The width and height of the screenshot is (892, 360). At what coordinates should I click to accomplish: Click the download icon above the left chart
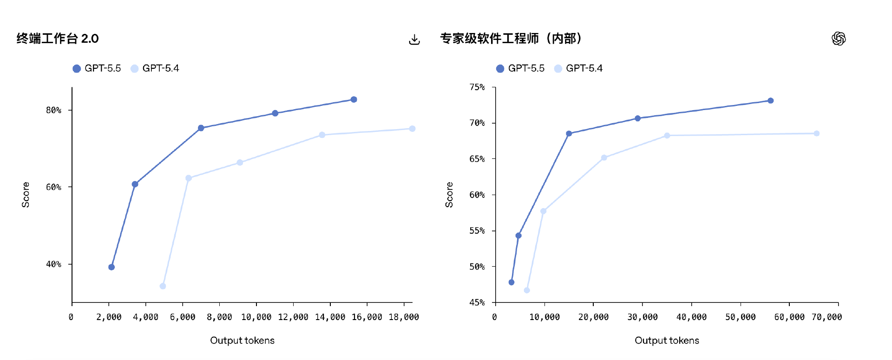click(x=414, y=39)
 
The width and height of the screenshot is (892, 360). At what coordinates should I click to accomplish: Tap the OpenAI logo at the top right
click(x=839, y=39)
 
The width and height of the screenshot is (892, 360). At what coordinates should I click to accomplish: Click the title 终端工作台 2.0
click(x=58, y=39)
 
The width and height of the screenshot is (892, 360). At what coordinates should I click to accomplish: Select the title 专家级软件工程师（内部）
click(x=511, y=39)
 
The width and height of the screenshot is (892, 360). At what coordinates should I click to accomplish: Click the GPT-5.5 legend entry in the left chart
click(x=97, y=68)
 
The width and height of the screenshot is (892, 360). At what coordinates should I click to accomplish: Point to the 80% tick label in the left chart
click(x=53, y=110)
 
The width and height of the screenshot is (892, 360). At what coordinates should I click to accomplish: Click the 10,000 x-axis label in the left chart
click(x=256, y=317)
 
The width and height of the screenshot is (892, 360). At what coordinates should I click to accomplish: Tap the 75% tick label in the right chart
click(x=477, y=87)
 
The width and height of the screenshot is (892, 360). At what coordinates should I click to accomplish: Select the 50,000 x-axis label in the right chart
click(x=740, y=317)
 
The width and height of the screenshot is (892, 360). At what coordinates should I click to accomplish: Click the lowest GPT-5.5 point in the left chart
click(x=111, y=267)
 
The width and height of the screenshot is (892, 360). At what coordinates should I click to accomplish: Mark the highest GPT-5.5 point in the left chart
click(x=354, y=99)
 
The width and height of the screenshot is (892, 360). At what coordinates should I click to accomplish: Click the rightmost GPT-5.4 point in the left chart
click(x=412, y=129)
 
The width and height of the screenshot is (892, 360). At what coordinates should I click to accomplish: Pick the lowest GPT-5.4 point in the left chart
click(x=163, y=286)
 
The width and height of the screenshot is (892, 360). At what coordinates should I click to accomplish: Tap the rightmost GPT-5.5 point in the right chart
click(x=770, y=101)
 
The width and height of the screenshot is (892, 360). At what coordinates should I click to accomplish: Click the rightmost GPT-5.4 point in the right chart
click(x=817, y=133)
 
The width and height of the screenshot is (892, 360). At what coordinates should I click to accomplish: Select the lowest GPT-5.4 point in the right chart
click(x=527, y=290)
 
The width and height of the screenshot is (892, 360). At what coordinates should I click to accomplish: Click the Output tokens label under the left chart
click(x=242, y=340)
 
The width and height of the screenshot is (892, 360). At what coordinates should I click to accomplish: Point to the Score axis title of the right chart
click(x=449, y=195)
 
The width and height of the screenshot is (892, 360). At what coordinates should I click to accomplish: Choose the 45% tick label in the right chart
click(x=477, y=302)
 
